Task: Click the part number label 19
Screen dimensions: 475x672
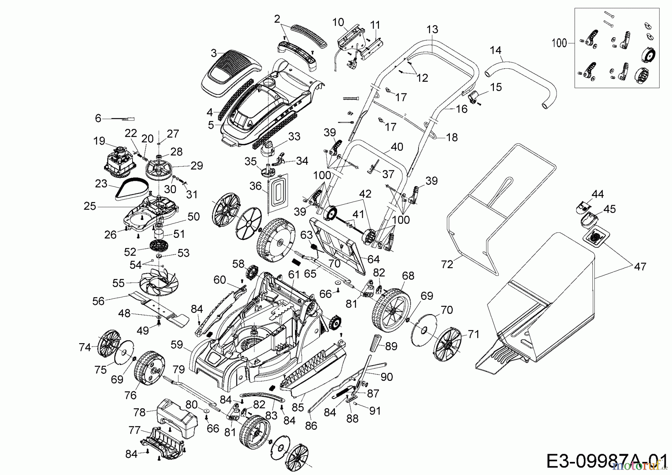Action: tap(99, 141)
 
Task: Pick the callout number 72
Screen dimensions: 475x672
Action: tap(447, 264)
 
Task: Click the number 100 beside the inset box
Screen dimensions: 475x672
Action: tap(559, 43)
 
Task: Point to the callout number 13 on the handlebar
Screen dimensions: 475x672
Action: tap(432, 30)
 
